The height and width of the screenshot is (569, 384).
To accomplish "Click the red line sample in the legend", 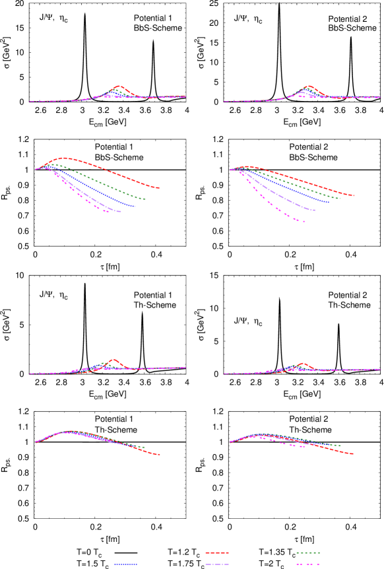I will coord(217,552).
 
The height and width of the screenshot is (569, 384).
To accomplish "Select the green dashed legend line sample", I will coord(307,552).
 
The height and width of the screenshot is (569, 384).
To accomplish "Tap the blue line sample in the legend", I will coord(125,564).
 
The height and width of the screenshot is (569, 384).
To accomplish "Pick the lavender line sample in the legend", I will coord(217,564).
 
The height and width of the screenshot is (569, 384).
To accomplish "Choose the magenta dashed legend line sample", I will coord(307,564).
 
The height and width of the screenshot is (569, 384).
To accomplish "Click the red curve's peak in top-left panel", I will coord(119,86).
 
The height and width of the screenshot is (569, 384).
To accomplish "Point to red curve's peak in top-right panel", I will coord(308,86).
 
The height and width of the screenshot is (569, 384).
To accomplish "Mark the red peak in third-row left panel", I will coord(114,359).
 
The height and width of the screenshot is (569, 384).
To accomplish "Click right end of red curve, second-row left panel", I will coord(159,188).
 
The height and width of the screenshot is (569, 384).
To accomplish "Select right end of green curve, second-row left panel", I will coord(145,199).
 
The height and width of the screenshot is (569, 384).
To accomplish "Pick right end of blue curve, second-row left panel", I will coord(135,207).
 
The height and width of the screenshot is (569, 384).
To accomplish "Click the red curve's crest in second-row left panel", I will coord(63,158).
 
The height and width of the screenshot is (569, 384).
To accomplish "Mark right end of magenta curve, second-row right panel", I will coord(304,221).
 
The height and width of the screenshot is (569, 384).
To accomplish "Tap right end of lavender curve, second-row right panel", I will coord(315,211).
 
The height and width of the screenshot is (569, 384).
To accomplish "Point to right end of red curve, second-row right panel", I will coord(354,195).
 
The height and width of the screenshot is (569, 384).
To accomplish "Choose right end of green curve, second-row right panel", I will coord(340,198).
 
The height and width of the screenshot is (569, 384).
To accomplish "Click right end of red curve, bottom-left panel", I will coord(160,455).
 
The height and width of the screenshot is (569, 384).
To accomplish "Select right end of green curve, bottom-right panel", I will coord(340,446).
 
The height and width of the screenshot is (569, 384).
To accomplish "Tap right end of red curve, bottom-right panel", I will coord(353,454).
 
